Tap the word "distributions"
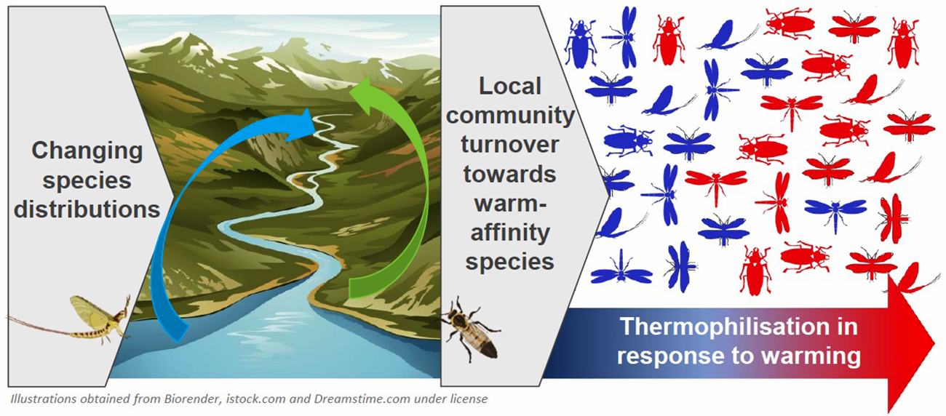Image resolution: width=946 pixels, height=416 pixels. [x=87, y=209]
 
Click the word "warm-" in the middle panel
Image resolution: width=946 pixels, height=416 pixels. [x=510, y=204]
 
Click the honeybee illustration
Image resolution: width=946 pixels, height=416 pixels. [x=469, y=329]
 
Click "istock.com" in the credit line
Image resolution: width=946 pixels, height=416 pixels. [x=256, y=399]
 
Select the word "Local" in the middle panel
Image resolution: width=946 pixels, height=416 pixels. [x=509, y=86]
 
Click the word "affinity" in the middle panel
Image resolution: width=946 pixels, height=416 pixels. [x=510, y=233]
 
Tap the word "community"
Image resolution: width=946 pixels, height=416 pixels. [x=510, y=116]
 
